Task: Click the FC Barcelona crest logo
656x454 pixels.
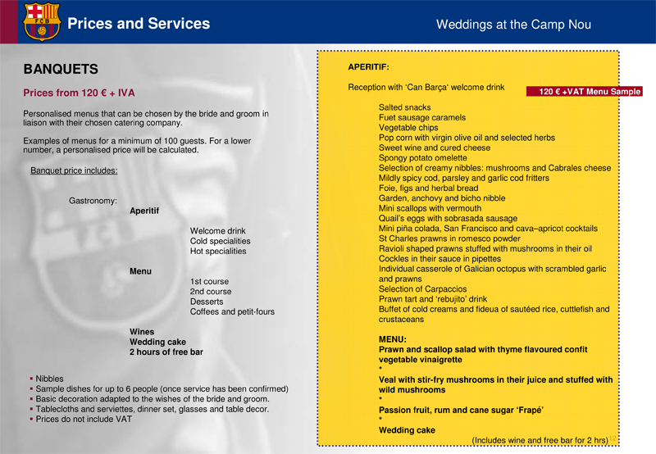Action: click(x=41, y=21)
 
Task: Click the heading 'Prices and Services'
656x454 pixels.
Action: click(x=139, y=24)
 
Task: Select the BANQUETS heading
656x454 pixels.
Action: click(x=61, y=70)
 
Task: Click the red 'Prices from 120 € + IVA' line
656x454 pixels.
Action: click(x=79, y=93)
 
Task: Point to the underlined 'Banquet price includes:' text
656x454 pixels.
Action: click(x=74, y=171)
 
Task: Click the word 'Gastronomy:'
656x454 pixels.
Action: click(x=93, y=200)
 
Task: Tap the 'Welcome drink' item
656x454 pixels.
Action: click(x=218, y=231)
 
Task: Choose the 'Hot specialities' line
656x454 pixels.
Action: click(x=218, y=252)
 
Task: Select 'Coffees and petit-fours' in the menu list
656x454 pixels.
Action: click(x=232, y=311)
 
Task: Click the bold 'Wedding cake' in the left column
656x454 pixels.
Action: click(x=157, y=342)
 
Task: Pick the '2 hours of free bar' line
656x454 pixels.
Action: click(x=166, y=352)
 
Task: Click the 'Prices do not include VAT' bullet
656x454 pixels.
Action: click(x=84, y=419)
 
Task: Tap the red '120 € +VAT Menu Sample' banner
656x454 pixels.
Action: click(x=584, y=92)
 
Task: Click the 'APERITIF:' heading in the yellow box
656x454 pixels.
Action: click(x=368, y=66)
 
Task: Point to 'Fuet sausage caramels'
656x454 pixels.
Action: click(x=421, y=118)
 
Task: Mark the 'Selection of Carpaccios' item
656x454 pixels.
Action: click(x=423, y=289)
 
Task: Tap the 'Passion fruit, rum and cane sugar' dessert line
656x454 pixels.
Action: click(x=461, y=410)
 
